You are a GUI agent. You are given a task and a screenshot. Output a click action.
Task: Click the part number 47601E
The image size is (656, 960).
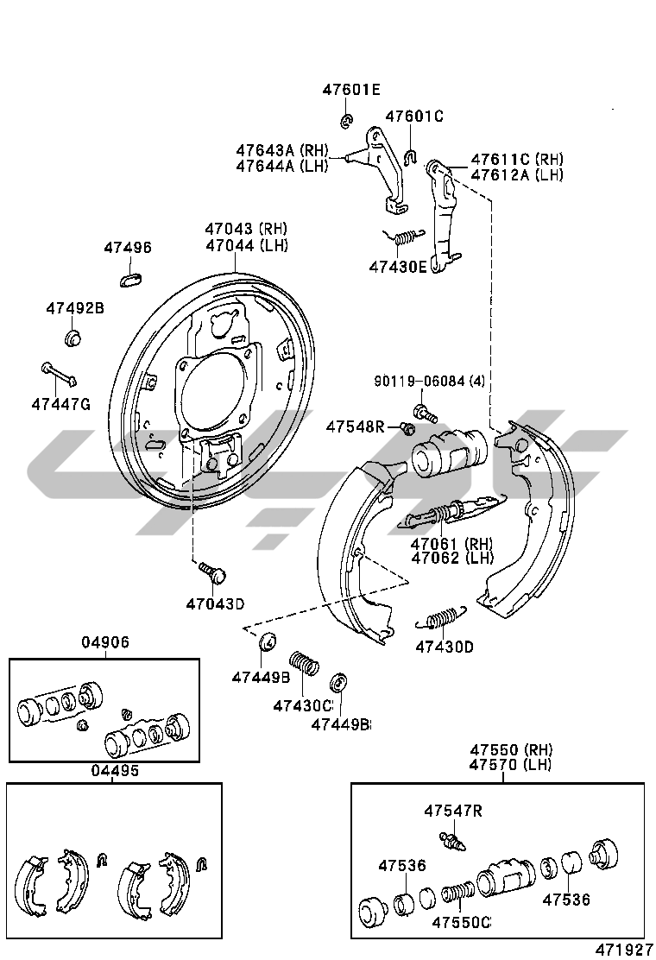pos(351,90)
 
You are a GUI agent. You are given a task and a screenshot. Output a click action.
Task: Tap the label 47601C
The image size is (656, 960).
pos(413,116)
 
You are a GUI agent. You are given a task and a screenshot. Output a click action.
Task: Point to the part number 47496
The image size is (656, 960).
pos(128,248)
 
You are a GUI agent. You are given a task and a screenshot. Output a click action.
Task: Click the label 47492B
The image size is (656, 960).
pos(74,308)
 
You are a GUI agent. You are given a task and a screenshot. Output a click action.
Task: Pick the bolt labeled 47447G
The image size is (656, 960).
pos(59,375)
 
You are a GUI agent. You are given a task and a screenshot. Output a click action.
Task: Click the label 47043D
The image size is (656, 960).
pos(215,603)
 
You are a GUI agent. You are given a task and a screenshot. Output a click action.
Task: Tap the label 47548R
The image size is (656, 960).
pos(355,426)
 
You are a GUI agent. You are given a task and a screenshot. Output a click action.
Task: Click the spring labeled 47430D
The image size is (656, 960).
pos(441,619)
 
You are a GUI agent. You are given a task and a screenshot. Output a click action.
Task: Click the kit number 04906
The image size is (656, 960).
pos(105,642)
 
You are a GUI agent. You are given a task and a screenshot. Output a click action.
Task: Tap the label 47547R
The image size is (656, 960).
pos(452,811)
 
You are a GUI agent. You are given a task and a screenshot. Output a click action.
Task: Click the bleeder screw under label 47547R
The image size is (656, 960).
pos(451,839)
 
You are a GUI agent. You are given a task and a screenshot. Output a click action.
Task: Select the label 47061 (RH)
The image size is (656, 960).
pos(450,544)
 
